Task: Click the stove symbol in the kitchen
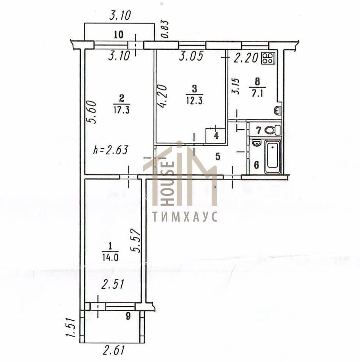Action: tap(268, 58)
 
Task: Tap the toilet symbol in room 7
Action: tap(272, 130)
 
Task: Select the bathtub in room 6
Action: tap(273, 157)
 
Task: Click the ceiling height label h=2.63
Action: tap(110, 150)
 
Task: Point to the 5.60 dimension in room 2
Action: tap(91, 112)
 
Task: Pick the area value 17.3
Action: tap(121, 110)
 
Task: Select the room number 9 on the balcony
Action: tap(128, 316)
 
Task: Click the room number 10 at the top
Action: tap(118, 35)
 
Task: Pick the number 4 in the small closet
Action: tap(216, 136)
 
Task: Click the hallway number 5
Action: tap(217, 157)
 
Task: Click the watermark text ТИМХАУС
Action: tap(185, 217)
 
